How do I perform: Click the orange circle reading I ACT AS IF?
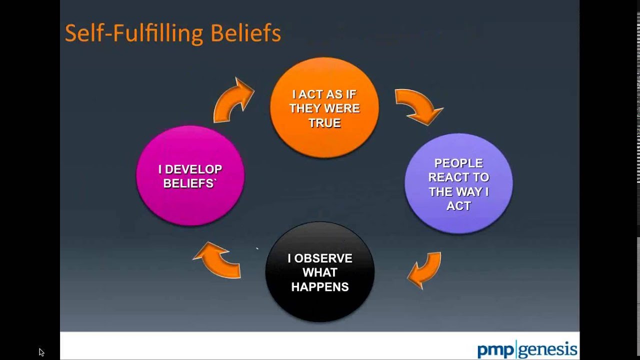[324, 107]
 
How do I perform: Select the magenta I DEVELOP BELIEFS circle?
[190, 176]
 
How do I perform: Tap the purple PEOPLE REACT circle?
[458, 183]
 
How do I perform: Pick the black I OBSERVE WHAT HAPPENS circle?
[319, 272]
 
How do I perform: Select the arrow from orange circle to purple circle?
[418, 106]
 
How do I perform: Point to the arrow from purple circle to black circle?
[425, 270]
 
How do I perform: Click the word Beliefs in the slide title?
[245, 33]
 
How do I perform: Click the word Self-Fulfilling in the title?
[134, 33]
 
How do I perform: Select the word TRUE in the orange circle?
[324, 122]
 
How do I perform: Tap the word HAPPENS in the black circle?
[319, 286]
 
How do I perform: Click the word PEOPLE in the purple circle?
[458, 163]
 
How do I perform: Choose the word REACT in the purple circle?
[458, 177]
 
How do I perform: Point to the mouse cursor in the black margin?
[41, 352]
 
